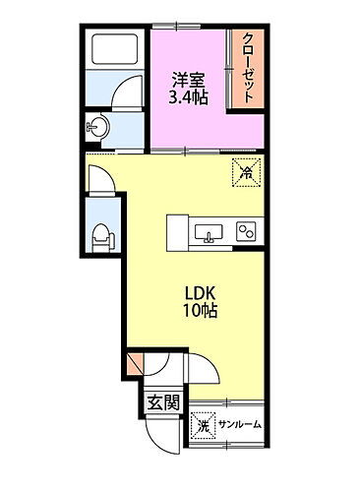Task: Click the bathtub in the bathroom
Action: [114, 49]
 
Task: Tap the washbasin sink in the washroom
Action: [97, 126]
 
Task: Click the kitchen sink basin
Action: [209, 233]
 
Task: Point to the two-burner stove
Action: [246, 231]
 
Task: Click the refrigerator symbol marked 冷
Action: [246, 172]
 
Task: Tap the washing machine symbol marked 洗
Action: [204, 425]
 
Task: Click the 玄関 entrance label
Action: [163, 401]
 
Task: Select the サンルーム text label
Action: [240, 425]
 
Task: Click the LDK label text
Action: [200, 293]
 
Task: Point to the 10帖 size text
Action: [200, 310]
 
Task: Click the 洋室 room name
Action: [189, 80]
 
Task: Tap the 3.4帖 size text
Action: [188, 96]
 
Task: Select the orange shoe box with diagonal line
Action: [135, 364]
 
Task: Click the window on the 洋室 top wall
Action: [187, 27]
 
